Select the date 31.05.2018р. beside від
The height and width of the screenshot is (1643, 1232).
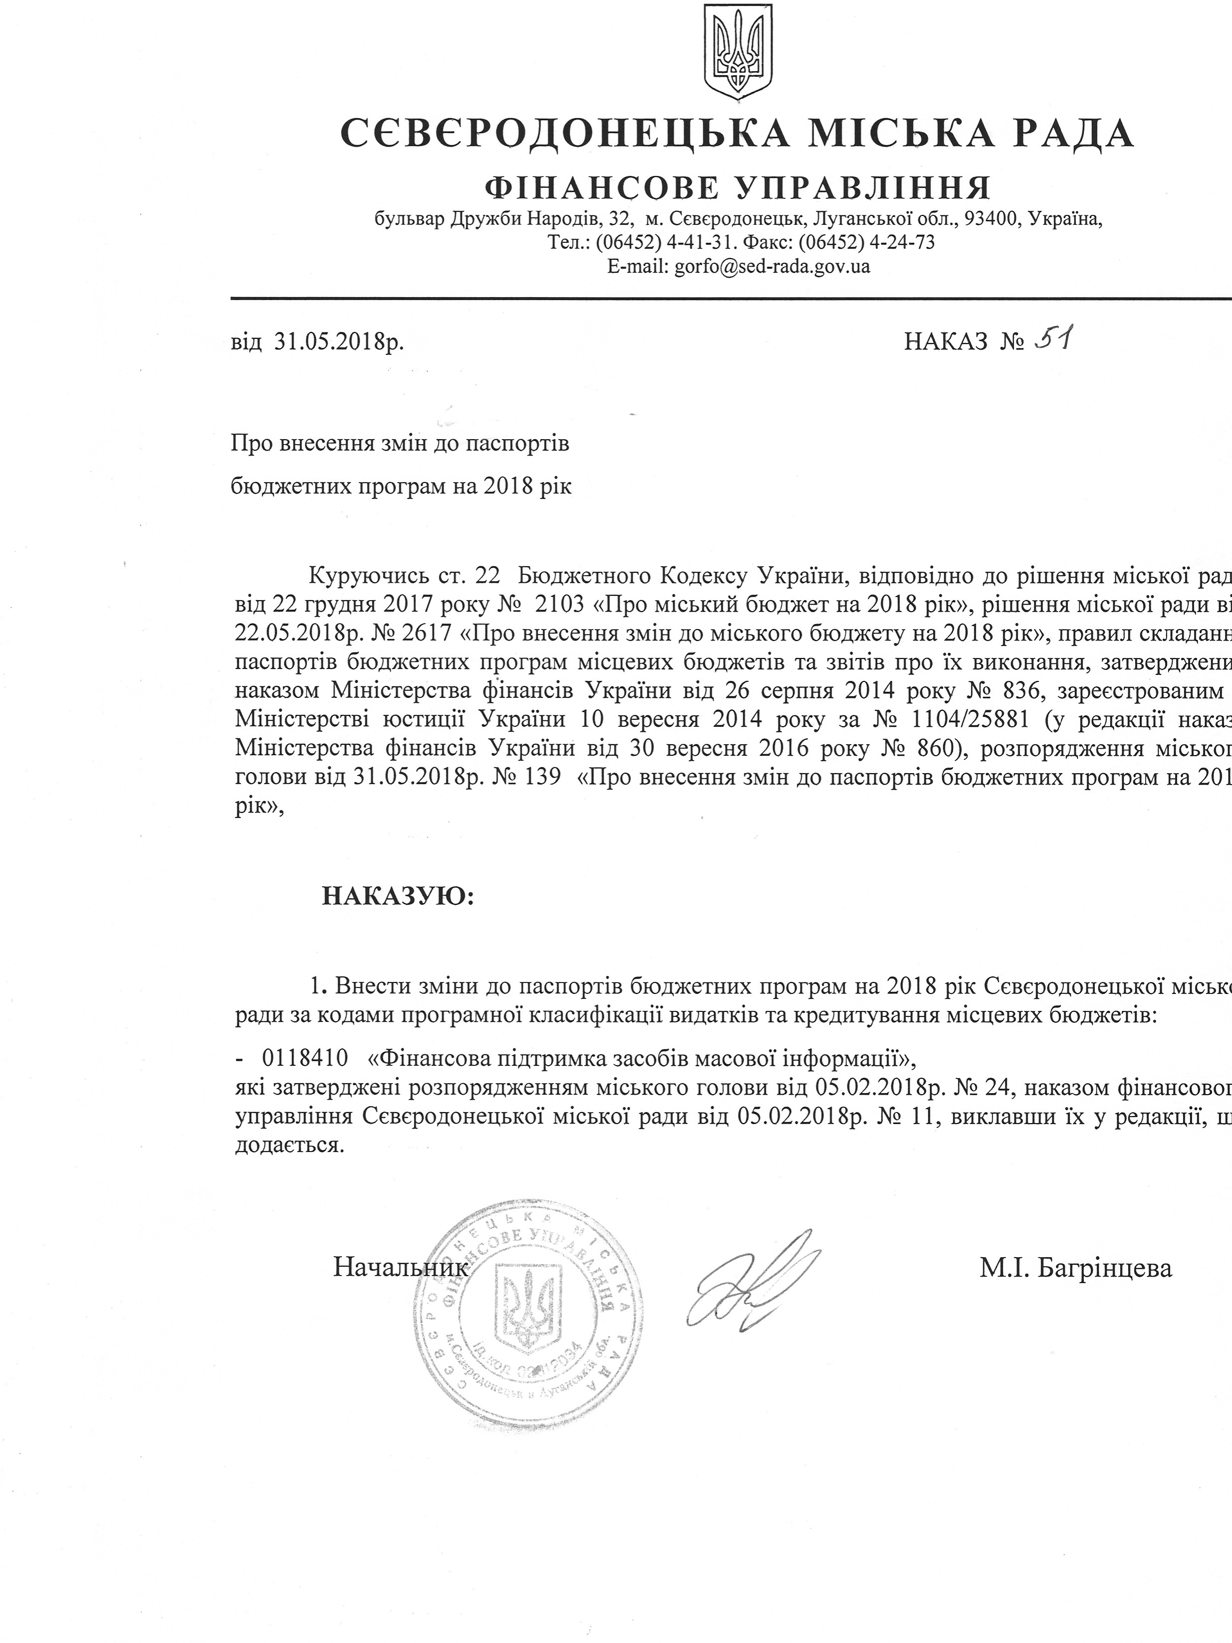(x=339, y=341)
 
